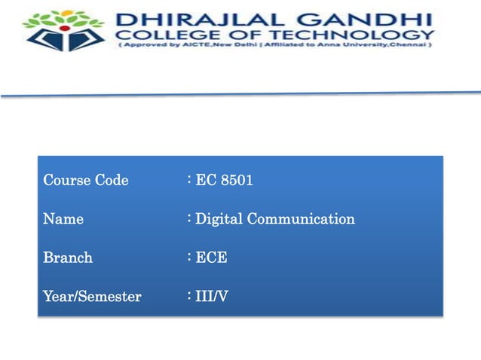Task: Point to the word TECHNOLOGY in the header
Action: click(x=369, y=34)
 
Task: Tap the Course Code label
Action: click(x=86, y=181)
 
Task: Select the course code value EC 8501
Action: click(x=224, y=181)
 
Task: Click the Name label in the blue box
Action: click(x=63, y=220)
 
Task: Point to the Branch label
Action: click(x=68, y=258)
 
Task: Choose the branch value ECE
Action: click(x=211, y=258)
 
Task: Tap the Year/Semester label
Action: click(x=92, y=297)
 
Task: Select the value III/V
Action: click(x=212, y=297)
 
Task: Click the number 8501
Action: click(x=237, y=181)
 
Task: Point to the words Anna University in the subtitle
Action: click(x=345, y=46)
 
